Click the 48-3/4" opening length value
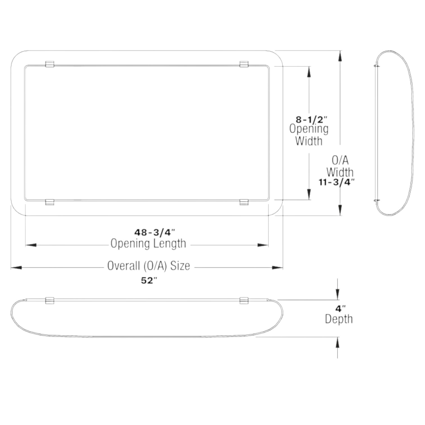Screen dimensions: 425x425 pos(155,232)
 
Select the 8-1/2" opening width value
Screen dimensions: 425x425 pos(311,120)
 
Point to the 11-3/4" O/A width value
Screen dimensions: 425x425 pos(336,182)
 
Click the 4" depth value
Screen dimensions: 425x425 pos(340,309)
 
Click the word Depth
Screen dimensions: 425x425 pos(339,319)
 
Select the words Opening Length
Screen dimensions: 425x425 pos(148,243)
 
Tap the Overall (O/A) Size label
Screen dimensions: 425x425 pos(148,266)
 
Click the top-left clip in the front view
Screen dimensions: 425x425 pos(49,64)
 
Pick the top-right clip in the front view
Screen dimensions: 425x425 pos(244,64)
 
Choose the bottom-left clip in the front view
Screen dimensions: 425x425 pos(49,202)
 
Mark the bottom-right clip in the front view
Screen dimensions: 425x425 pos(244,202)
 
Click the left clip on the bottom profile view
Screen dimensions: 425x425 pos(49,300)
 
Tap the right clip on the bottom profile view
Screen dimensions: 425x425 pos(244,300)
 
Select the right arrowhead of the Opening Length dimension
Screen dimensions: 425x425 pos(263,245)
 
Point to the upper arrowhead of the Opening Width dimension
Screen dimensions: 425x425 pos(309,72)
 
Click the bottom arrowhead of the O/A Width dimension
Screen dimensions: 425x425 pos(340,209)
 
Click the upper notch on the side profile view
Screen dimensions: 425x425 pos(377,66)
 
